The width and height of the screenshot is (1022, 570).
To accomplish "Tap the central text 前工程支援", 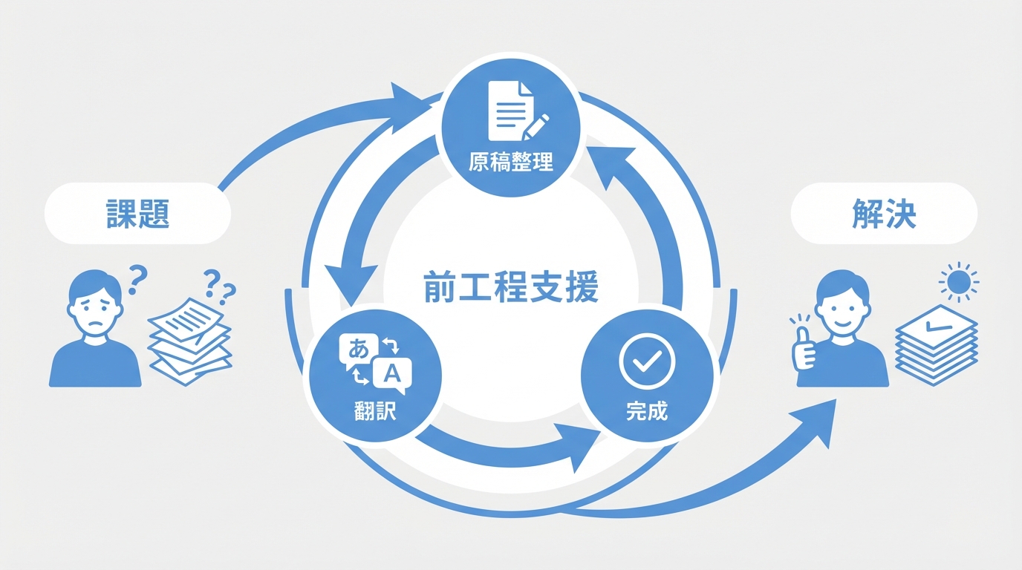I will (x=510, y=288).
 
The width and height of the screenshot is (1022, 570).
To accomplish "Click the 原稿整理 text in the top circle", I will (x=511, y=162).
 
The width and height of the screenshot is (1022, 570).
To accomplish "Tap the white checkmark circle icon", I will (x=646, y=361).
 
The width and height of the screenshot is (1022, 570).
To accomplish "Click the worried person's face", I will (x=94, y=304).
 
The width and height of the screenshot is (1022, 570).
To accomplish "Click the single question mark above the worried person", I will (x=138, y=281).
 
